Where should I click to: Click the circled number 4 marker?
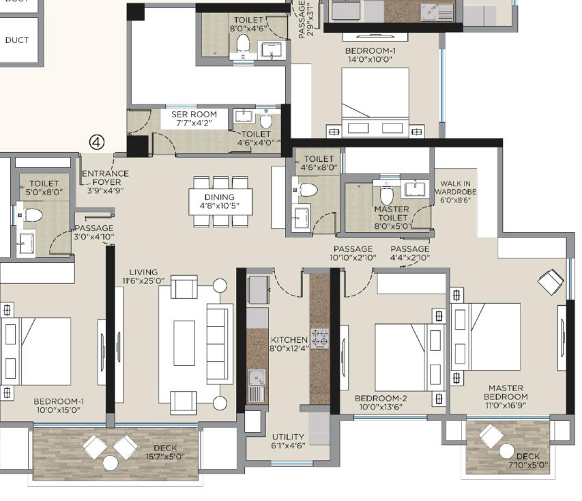(x=97, y=142)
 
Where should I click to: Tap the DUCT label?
(x=16, y=40)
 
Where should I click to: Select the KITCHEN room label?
(x=289, y=340)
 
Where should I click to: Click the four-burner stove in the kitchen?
(x=319, y=339)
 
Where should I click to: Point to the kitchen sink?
(x=256, y=386)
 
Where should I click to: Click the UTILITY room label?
(x=288, y=437)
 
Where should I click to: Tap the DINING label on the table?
(x=220, y=197)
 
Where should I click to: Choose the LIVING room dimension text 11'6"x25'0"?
(x=144, y=281)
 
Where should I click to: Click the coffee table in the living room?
(x=184, y=343)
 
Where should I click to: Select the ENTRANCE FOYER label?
(x=106, y=177)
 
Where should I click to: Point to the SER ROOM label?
(x=194, y=115)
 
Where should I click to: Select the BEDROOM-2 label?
(x=381, y=398)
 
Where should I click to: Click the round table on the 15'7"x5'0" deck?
(x=111, y=463)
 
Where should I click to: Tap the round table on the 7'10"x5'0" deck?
(x=507, y=451)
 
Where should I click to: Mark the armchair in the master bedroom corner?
(x=551, y=282)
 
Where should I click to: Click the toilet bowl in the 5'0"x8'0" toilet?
(x=33, y=214)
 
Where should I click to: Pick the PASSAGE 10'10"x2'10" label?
(x=353, y=253)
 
